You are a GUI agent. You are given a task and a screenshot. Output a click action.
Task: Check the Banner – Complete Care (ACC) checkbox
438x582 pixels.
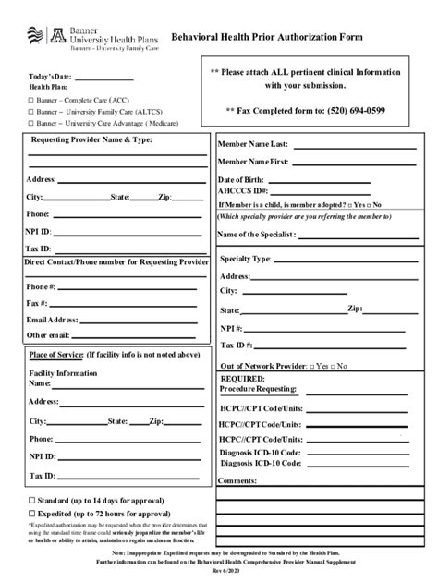(x=30, y=99)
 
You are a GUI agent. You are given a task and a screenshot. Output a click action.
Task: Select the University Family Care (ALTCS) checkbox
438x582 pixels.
(x=30, y=111)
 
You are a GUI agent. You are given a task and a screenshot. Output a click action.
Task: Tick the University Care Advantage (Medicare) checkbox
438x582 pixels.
(x=30, y=122)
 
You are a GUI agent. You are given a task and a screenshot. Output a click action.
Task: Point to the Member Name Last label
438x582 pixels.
(x=253, y=145)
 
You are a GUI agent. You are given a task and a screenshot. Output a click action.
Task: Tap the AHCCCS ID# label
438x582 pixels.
(x=242, y=190)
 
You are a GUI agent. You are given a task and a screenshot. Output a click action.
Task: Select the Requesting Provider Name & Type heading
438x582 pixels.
(x=91, y=139)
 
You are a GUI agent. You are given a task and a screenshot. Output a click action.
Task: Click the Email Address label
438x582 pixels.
(x=52, y=319)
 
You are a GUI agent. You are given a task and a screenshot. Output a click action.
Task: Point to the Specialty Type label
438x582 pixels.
(x=245, y=259)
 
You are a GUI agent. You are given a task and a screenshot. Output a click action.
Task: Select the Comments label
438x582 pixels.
(x=237, y=480)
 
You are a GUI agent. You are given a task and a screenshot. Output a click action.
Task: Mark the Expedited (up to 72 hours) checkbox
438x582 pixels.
(x=31, y=513)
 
